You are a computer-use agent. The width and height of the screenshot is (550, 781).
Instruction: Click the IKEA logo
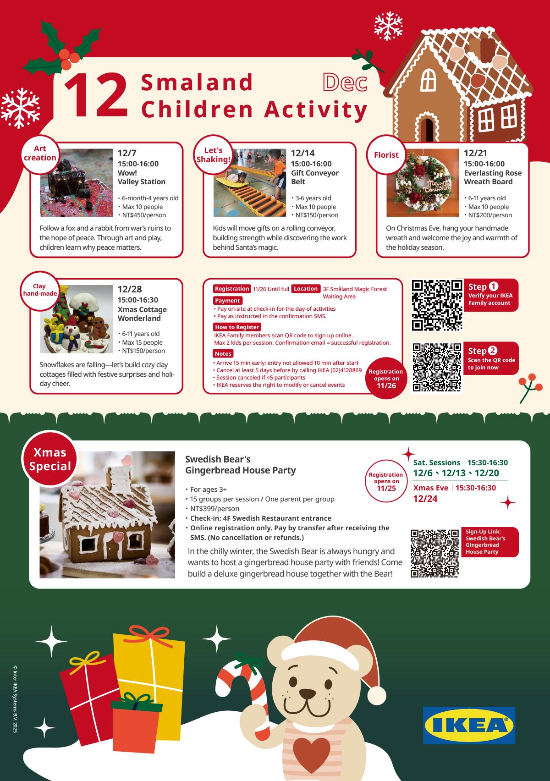pos(469,725)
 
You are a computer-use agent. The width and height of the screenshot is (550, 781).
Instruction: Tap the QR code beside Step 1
pos(437,305)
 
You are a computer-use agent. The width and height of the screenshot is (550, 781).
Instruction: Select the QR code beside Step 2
pos(437,367)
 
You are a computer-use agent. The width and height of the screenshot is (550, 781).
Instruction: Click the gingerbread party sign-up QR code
pos(434,553)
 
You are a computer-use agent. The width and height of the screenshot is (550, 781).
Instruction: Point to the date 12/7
pos(127,153)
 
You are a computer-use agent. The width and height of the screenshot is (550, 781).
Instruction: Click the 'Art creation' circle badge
pos(40,154)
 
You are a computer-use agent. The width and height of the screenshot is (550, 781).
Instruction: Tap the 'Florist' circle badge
pos(386,155)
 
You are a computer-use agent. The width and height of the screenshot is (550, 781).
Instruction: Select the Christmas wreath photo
pos(423,183)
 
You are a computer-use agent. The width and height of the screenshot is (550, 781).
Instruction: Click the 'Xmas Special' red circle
pos(50,459)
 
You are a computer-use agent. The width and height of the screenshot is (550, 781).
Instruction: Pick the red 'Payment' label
pos(227,301)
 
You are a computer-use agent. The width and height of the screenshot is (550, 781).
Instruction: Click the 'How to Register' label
pos(237,327)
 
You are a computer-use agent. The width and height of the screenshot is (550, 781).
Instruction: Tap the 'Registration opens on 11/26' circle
pos(386,378)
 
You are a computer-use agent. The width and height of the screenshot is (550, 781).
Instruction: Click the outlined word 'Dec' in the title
pos(345,83)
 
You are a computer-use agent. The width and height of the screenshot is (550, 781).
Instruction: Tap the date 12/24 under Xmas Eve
pos(425,499)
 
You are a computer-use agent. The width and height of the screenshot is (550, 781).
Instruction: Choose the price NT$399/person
pos(215,509)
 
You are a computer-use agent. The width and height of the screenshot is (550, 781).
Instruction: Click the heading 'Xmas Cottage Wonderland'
pos(142,314)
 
